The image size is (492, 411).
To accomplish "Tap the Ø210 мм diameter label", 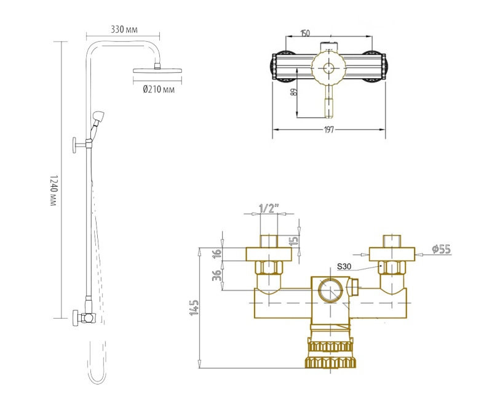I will [x=159, y=89].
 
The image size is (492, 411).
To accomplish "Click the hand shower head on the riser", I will [x=98, y=116].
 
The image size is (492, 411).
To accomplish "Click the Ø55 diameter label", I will [x=442, y=249].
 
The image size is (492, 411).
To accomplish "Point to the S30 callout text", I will [x=345, y=267].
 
